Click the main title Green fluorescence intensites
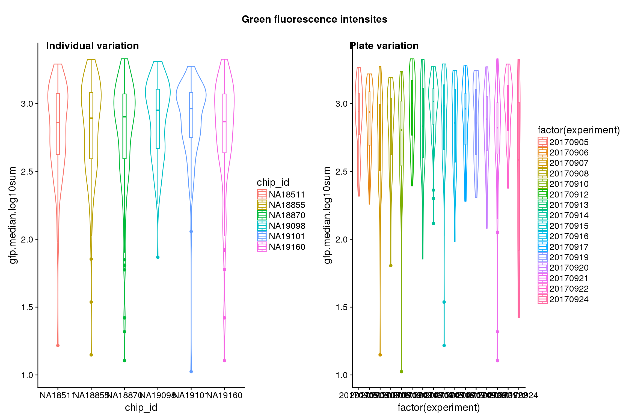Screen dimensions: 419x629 click(x=314, y=19)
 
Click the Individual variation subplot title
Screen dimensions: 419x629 click(x=93, y=46)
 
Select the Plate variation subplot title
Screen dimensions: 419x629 click(x=384, y=46)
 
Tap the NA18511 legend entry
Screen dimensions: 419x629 click(x=287, y=194)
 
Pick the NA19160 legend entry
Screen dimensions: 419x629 click(x=287, y=247)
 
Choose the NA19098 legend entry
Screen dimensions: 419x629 click(x=287, y=226)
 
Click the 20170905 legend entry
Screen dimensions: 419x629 click(x=569, y=142)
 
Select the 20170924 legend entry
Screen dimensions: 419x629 click(x=569, y=299)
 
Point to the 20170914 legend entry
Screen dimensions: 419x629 click(x=569, y=215)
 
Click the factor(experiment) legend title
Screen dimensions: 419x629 click(x=578, y=130)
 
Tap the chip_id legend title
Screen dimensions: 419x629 click(x=273, y=182)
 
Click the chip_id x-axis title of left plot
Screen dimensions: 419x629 click(x=141, y=408)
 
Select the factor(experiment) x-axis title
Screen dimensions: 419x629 click(x=438, y=408)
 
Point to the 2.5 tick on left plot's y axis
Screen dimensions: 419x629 click(x=27, y=172)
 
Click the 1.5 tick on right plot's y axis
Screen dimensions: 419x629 click(x=341, y=307)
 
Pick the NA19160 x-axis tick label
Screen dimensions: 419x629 click(x=224, y=395)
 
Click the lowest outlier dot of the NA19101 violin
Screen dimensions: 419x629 click(x=191, y=372)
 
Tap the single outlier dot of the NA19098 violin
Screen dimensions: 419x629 click(x=158, y=257)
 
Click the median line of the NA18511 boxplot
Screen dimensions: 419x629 click(x=58, y=122)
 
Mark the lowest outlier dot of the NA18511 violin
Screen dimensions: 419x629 click(x=58, y=346)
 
